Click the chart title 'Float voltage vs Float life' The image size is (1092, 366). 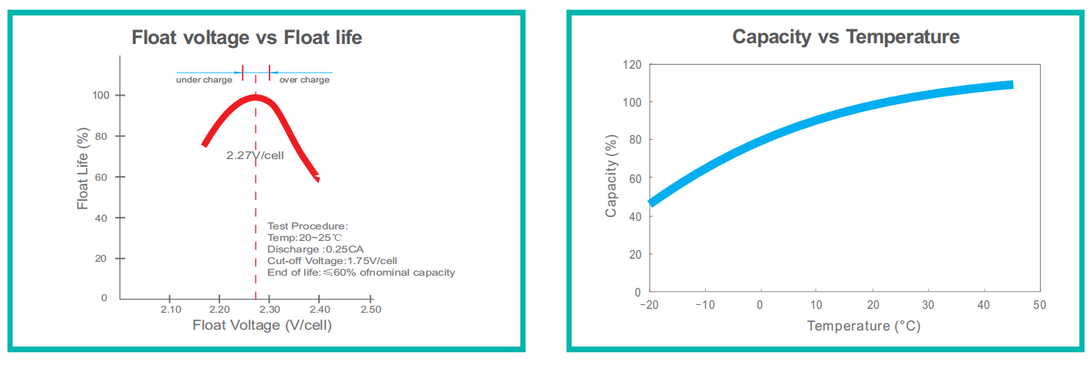[246, 37]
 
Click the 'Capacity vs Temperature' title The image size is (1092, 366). [846, 36]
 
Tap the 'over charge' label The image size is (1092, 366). [304, 80]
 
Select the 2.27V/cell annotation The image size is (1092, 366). [255, 155]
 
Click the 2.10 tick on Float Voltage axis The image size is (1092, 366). [170, 310]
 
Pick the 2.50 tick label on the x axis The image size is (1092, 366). [371, 310]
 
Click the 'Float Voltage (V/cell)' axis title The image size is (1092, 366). [262, 325]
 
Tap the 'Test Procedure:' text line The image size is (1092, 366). [307, 226]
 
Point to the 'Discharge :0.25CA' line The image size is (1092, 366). [315, 249]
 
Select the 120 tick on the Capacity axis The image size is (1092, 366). [632, 65]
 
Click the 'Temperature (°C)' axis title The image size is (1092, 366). [863, 326]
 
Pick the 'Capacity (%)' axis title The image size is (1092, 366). [611, 178]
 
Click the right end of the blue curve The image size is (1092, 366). [1011, 84]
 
